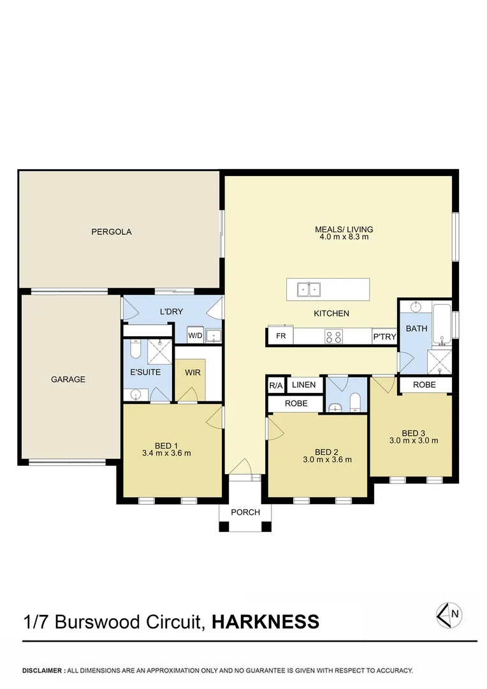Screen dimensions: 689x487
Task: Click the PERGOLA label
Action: pos(111,232)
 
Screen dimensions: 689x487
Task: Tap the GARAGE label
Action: pos(68,379)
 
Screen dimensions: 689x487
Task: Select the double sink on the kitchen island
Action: pos(309,290)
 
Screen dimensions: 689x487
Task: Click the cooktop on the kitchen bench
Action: pos(333,336)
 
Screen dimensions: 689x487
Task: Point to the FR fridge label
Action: pos(280,336)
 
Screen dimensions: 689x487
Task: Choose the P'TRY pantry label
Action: pos(384,336)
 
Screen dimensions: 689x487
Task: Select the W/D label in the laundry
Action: pos(194,336)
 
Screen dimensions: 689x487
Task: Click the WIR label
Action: pos(193,372)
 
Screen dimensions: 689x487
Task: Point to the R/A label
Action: pos(275,385)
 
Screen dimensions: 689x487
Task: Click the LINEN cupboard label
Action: pos(303,385)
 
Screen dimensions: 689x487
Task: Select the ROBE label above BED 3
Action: pos(425,385)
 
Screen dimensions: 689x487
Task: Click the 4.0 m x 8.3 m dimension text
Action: pos(344,237)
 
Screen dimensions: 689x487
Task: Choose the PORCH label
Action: pos(245,512)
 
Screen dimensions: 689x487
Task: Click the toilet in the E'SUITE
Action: pos(135,350)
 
